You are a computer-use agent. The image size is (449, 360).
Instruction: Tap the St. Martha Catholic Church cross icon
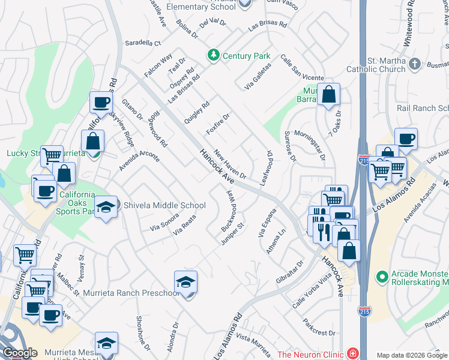pos(415,64)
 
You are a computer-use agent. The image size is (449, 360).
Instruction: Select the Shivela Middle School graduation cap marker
pos(106,207)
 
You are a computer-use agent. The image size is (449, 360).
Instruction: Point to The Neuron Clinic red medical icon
pos(352,354)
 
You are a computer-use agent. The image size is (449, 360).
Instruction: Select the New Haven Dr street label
pos(231,164)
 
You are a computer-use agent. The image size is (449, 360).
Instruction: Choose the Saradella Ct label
pos(143,43)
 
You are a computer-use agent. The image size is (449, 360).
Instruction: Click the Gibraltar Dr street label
pos(292,273)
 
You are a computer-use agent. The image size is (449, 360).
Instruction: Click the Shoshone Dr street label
pos(143,332)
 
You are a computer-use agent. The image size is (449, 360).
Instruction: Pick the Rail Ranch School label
pos(423,108)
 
